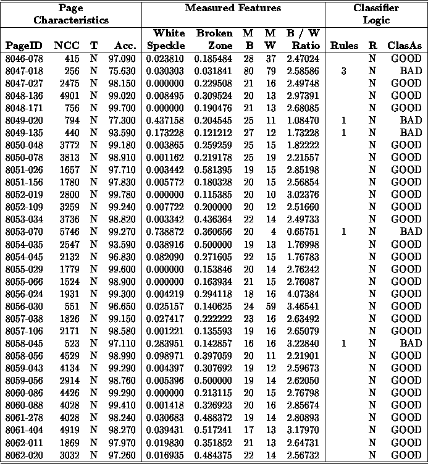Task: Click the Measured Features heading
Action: [x=233, y=8]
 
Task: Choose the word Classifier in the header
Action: [x=376, y=8]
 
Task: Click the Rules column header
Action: [x=343, y=45]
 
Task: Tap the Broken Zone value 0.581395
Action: [x=215, y=169]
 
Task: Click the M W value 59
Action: [x=269, y=306]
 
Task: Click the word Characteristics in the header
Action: [x=71, y=20]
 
